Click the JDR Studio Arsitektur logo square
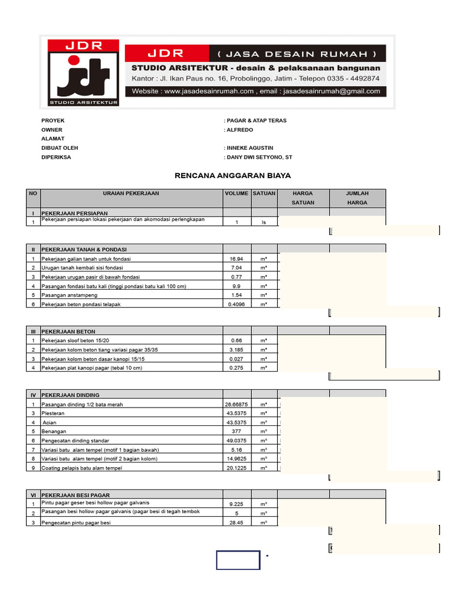click(83, 73)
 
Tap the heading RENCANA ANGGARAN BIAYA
click(233, 176)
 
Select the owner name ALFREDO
click(241, 130)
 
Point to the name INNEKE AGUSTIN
click(250, 148)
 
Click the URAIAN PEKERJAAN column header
click(131, 193)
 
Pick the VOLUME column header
click(237, 193)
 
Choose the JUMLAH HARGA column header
click(357, 198)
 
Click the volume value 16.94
click(237, 259)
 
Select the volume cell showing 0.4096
click(237, 304)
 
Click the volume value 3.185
click(237, 350)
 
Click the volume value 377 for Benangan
click(237, 431)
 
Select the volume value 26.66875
click(237, 405)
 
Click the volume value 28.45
click(237, 523)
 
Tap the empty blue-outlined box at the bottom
click(238, 560)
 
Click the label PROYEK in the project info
click(52, 120)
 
